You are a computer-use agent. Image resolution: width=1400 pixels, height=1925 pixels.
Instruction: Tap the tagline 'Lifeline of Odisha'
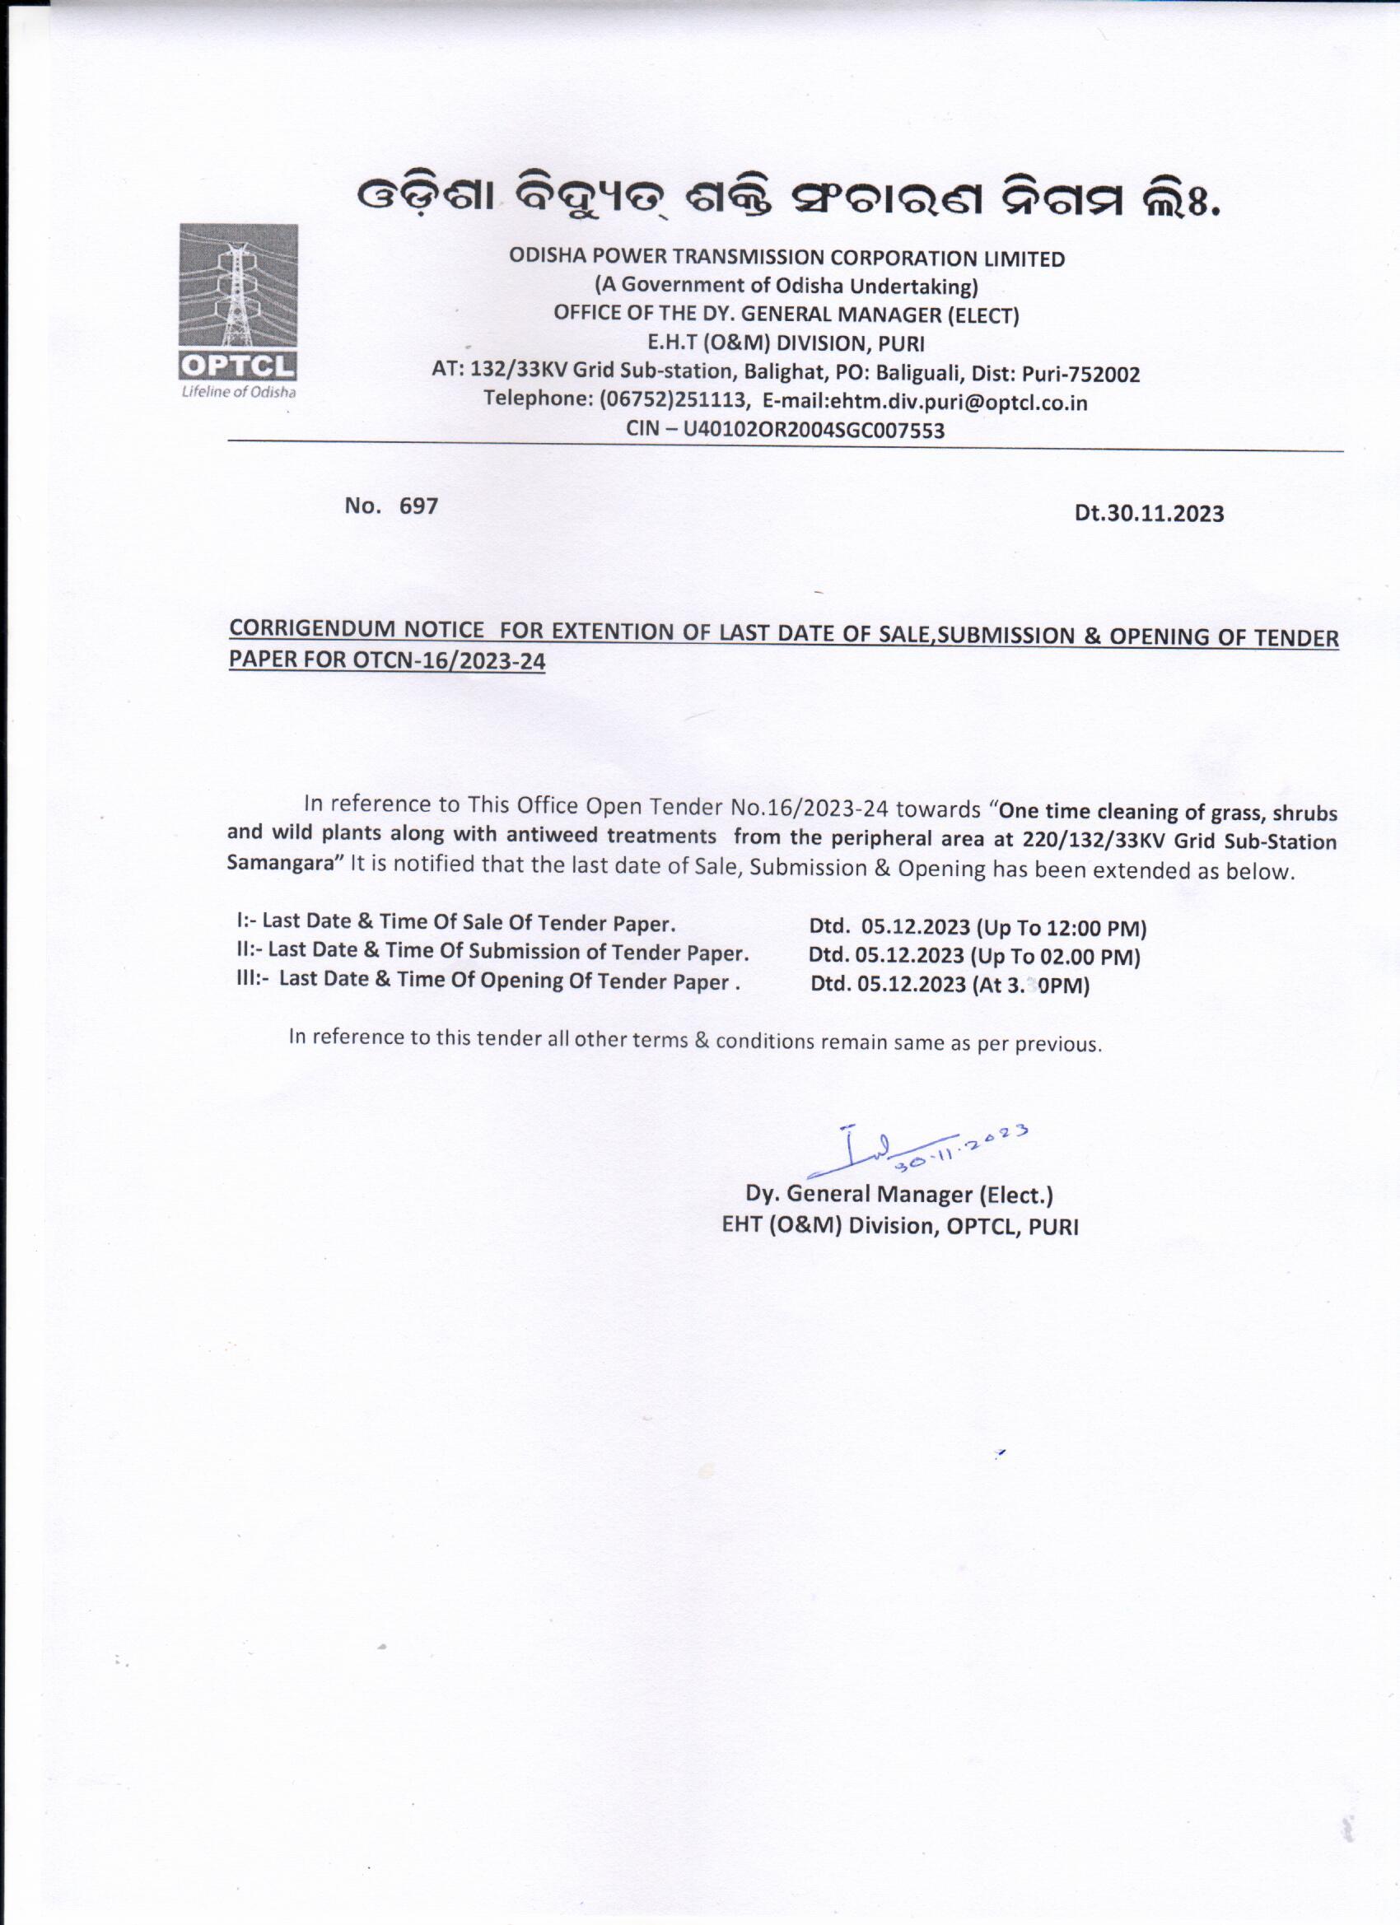click(239, 392)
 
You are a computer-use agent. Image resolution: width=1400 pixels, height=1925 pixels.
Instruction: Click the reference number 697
click(418, 506)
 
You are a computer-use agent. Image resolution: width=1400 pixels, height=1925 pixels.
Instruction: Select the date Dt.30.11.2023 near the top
click(1149, 514)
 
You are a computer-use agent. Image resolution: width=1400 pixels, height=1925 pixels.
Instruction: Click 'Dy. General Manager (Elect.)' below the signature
click(898, 1195)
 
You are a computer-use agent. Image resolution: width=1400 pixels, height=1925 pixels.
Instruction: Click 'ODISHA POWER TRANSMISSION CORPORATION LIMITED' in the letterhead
click(786, 258)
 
